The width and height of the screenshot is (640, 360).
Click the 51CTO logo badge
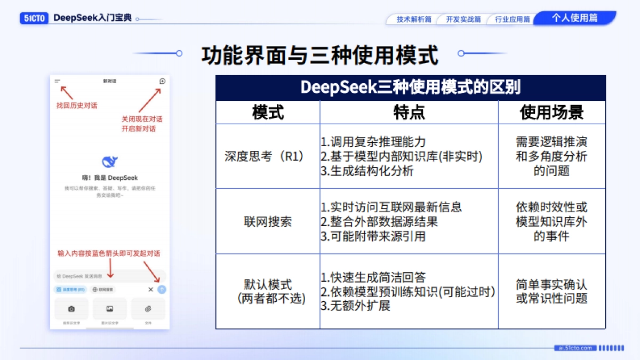pyautogui.click(x=35, y=18)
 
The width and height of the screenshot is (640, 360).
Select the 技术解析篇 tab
pyautogui.click(x=413, y=19)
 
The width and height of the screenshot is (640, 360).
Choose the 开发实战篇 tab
pyautogui.click(x=463, y=19)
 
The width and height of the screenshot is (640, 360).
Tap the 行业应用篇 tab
pyautogui.click(x=512, y=19)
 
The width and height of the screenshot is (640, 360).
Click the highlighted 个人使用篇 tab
pyautogui.click(x=574, y=18)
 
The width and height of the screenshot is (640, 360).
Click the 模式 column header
pyautogui.click(x=268, y=113)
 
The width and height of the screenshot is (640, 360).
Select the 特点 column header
pyautogui.click(x=409, y=113)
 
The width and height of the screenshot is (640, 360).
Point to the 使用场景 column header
pyautogui.click(x=551, y=113)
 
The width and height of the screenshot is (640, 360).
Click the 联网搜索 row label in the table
pyautogui.click(x=268, y=222)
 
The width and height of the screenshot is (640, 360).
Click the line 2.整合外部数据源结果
pyautogui.click(x=379, y=222)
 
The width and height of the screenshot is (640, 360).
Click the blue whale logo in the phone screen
pyautogui.click(x=110, y=162)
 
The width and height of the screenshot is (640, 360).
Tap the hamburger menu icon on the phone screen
pyautogui.click(x=57, y=82)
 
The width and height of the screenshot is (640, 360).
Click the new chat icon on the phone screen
pyautogui.click(x=162, y=82)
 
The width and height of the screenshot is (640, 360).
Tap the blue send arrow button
pyautogui.click(x=162, y=290)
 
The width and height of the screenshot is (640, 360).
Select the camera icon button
pyautogui.click(x=71, y=309)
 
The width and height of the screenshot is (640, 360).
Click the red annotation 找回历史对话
pyautogui.click(x=77, y=106)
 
